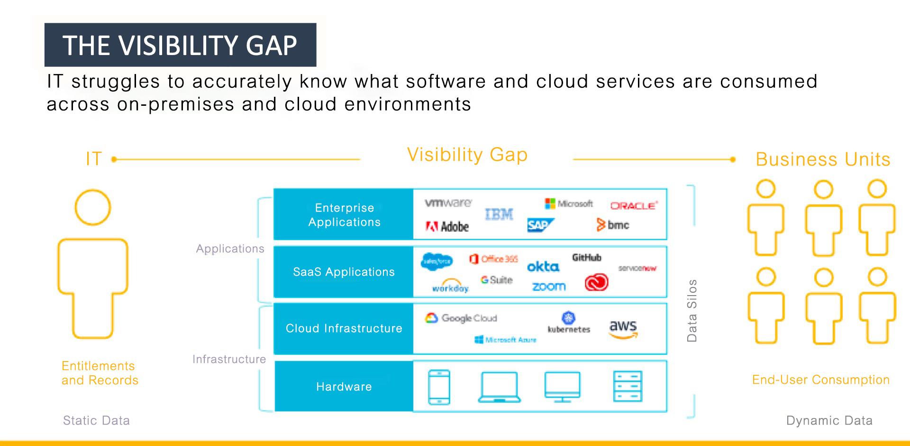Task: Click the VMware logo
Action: (448, 203)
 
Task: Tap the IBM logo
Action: (499, 214)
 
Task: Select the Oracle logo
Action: (634, 205)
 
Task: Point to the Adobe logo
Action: (447, 227)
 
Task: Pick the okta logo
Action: (543, 267)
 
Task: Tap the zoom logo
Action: (549, 287)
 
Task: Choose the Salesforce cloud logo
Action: (437, 261)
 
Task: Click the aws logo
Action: (623, 328)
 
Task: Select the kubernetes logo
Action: (569, 323)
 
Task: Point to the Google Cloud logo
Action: (461, 318)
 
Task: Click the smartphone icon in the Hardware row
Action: (439, 387)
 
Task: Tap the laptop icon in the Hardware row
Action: (499, 387)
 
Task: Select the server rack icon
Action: (628, 386)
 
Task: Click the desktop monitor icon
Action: (562, 387)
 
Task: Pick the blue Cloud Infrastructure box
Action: (344, 328)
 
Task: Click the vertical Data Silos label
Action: (692, 311)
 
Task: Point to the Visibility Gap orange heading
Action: (467, 155)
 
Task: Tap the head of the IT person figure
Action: (93, 207)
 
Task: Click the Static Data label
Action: (96, 420)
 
